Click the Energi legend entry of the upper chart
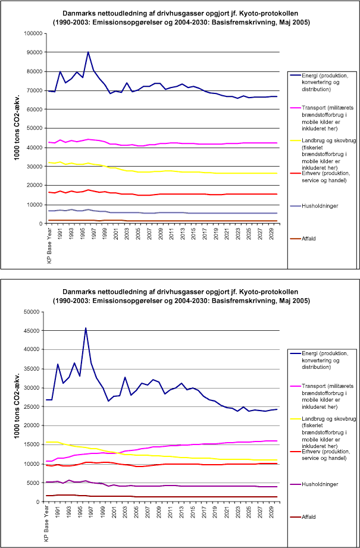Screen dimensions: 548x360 point(325,81)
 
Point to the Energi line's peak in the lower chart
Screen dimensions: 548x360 point(86,328)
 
